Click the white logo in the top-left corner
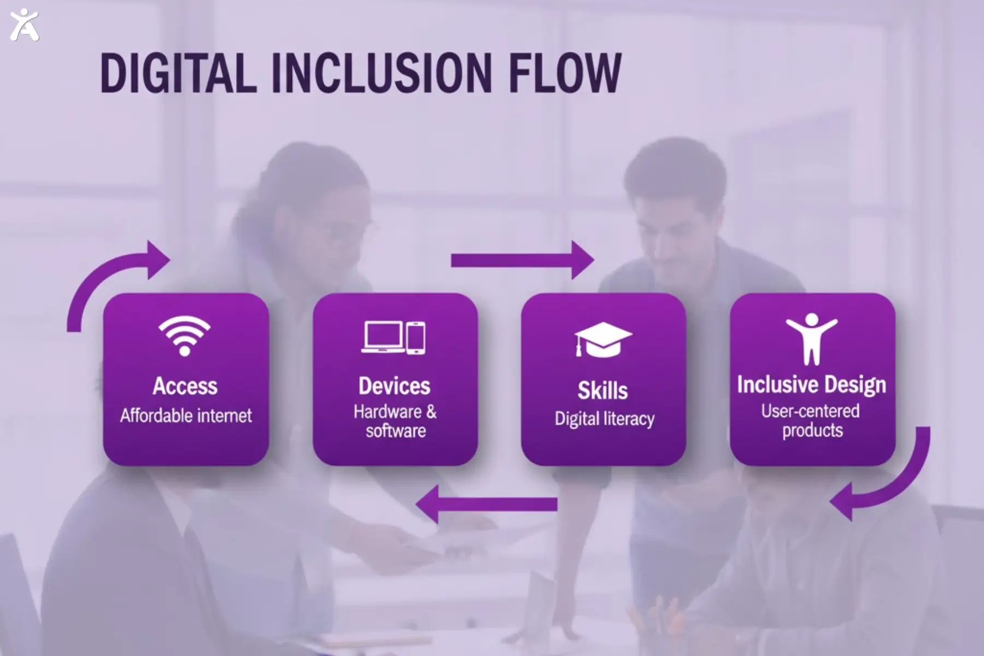coord(25,25)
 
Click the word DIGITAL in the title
coord(178,73)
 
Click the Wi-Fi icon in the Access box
coord(185,335)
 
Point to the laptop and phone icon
coord(394,337)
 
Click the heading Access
coord(185,386)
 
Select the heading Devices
coord(394,386)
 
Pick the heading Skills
coord(603,390)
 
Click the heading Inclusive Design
coord(811,384)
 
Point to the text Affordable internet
coord(186,415)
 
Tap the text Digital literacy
coord(604,419)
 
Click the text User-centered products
coord(811,420)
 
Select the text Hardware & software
coord(395,421)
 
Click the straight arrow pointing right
coord(522,260)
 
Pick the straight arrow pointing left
coord(487,503)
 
